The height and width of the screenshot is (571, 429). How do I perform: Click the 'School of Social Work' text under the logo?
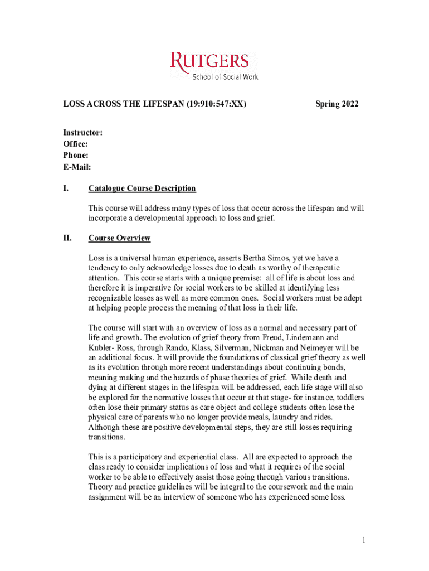225,76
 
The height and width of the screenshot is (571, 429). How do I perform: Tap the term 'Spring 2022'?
337,104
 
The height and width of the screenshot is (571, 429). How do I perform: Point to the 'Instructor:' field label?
82,133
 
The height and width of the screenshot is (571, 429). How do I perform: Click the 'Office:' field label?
75,144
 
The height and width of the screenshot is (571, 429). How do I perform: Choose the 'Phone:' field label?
76,156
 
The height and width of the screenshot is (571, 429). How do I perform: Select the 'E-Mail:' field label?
77,167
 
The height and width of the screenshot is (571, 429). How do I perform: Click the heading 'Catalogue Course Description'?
142,188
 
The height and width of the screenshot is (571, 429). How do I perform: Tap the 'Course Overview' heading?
119,238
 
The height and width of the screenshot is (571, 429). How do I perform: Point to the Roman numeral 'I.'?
66,188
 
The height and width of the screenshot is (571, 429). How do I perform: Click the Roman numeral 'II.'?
67,238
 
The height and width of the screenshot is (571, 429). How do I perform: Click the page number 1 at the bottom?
363,540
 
